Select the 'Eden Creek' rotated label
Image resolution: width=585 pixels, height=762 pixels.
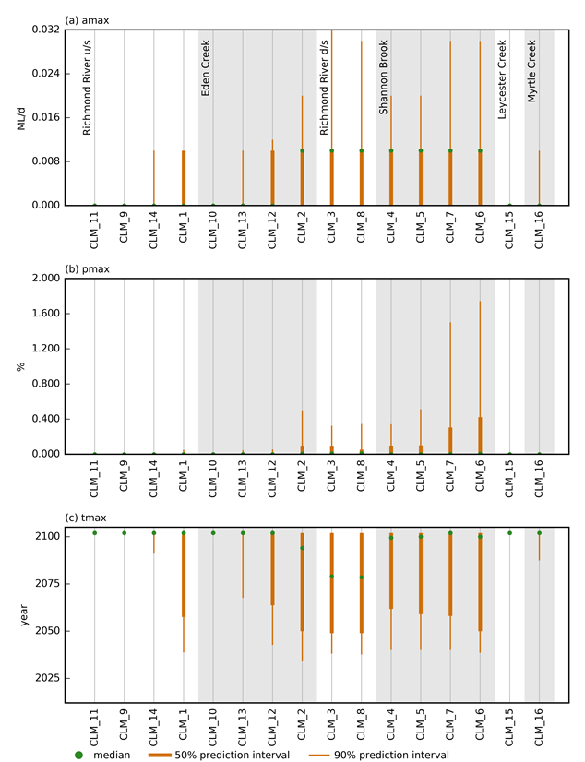206,67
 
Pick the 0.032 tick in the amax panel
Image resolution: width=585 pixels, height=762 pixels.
46,30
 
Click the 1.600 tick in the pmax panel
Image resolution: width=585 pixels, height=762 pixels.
46,314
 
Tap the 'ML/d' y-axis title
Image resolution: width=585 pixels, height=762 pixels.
20,117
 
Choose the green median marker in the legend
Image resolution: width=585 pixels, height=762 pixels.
78,755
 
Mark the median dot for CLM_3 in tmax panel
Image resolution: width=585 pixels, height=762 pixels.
331,577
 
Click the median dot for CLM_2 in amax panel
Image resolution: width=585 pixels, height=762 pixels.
302,151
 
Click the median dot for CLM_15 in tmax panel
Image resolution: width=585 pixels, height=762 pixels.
509,533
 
